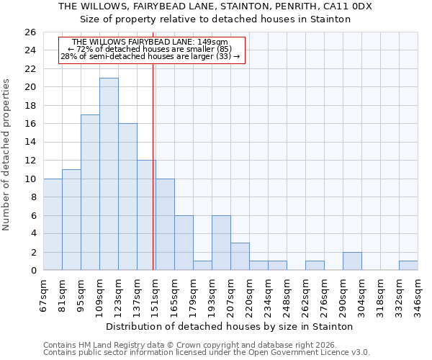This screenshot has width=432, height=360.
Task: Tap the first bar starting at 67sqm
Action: coord(53,224)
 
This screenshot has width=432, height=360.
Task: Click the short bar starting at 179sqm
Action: coord(202,266)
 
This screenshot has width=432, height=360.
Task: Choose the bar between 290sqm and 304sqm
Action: coord(352,261)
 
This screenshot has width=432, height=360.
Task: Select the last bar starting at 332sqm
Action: coord(408,266)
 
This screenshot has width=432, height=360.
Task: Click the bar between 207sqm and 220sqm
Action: coord(240,256)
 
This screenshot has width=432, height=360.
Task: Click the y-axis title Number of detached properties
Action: coord(7,154)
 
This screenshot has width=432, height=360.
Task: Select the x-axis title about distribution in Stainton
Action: coord(229,326)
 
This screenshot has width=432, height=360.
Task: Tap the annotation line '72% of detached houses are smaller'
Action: coord(150,49)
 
